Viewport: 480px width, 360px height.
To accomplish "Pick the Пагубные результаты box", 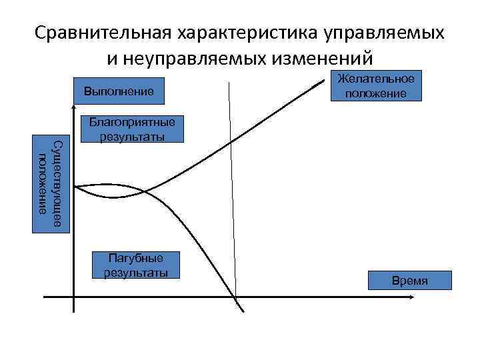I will [x=136, y=265].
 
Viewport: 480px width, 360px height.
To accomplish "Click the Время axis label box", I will [x=410, y=281].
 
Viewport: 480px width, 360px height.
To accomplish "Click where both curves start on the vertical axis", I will [x=75, y=187].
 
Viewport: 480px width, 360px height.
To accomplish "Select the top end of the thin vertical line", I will [x=229, y=83].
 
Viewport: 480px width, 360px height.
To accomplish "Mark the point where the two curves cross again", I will [x=145, y=193].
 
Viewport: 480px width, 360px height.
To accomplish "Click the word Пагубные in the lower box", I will [x=136, y=259].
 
